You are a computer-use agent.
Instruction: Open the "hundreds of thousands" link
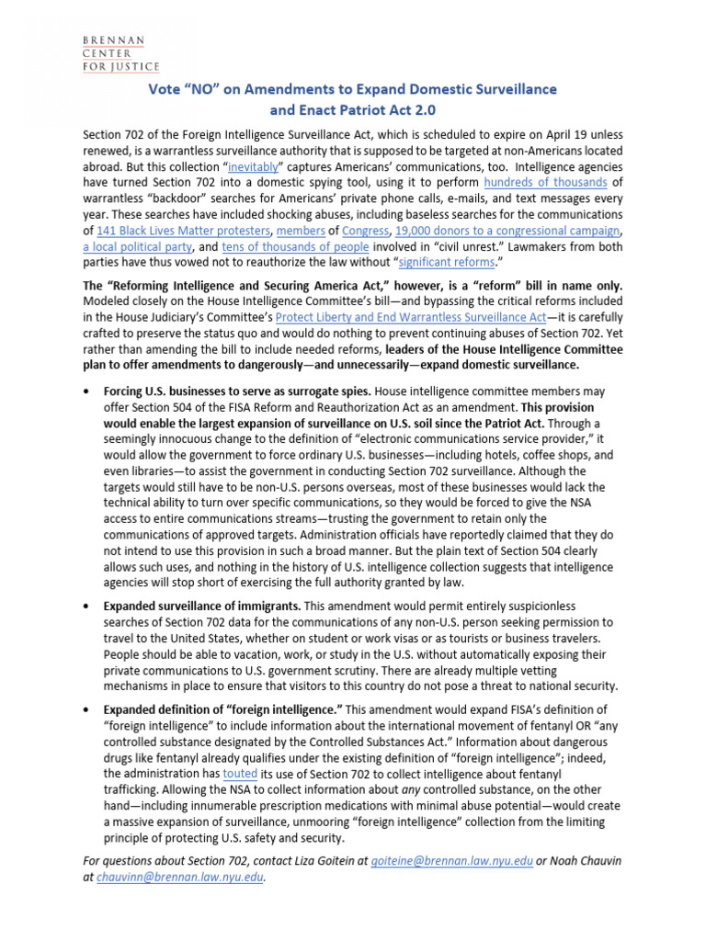point(544,184)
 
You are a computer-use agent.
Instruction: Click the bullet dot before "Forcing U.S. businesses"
point(85,391)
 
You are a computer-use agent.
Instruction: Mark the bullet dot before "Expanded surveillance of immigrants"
point(85,607)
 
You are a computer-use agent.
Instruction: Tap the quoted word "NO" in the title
point(192,89)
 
